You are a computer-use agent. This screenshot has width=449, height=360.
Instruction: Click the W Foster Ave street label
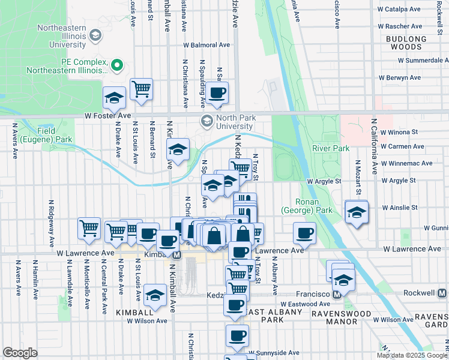[107, 115]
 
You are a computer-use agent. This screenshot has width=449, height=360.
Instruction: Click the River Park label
[330, 148]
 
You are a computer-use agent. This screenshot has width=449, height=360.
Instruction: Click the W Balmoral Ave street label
[206, 45]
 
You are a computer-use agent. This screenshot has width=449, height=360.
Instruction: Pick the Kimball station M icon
[177, 255]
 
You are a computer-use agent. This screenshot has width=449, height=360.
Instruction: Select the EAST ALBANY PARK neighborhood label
[258, 316]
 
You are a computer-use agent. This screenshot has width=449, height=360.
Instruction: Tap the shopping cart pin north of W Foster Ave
[141, 88]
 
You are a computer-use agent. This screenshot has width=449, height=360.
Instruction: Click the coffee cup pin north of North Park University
[218, 92]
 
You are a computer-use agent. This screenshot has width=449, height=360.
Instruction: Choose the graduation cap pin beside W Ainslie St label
[357, 212]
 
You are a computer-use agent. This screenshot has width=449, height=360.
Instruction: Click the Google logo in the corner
[20, 353]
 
